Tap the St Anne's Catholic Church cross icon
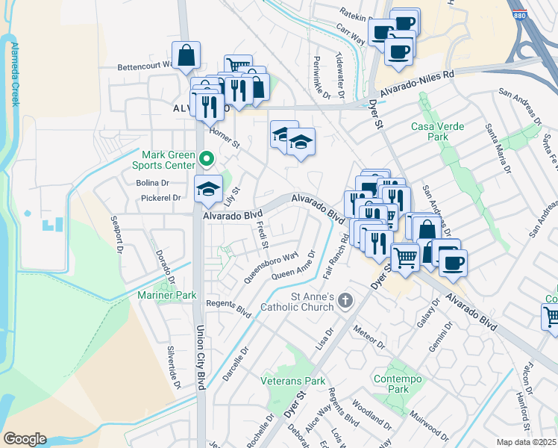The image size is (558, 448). tap(345, 301)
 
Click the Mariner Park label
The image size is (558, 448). tap(166, 296)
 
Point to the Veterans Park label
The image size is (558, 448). tap(293, 381)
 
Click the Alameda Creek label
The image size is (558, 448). tap(14, 74)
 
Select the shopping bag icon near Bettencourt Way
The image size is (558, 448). tap(186, 55)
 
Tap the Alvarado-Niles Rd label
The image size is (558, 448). tap(417, 83)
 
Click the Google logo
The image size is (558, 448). tap(25, 439)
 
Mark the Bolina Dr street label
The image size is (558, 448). tap(154, 182)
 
